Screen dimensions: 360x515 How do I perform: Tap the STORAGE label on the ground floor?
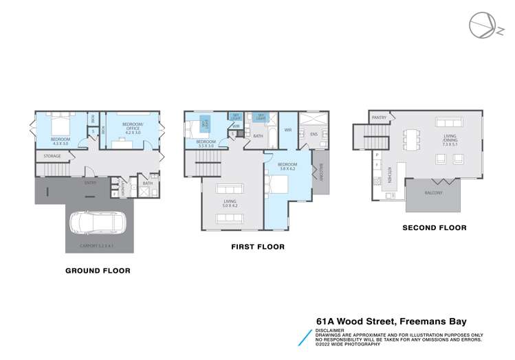[52, 156]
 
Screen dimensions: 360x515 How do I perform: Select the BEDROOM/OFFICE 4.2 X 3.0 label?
[131, 127]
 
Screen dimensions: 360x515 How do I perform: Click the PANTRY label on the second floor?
[379, 117]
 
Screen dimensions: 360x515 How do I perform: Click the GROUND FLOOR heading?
[98, 271]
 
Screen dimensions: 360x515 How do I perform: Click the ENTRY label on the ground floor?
[90, 183]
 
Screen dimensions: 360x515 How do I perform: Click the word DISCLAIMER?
[331, 330]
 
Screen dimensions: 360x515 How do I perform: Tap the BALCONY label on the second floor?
[433, 193]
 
